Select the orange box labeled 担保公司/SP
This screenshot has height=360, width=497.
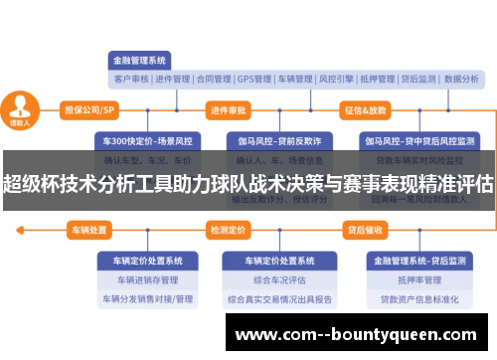(x=89, y=109)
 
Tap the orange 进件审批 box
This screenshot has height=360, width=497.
(x=229, y=109)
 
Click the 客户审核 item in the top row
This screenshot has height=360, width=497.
(x=132, y=79)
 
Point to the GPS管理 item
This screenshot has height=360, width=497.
(x=254, y=79)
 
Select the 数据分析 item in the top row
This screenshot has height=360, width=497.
(x=461, y=79)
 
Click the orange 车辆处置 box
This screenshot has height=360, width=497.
(x=89, y=230)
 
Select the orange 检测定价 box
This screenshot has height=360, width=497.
(x=228, y=230)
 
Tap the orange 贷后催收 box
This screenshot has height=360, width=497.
(x=365, y=230)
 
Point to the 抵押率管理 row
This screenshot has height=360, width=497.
(x=417, y=279)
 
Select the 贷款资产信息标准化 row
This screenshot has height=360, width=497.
(x=417, y=298)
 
